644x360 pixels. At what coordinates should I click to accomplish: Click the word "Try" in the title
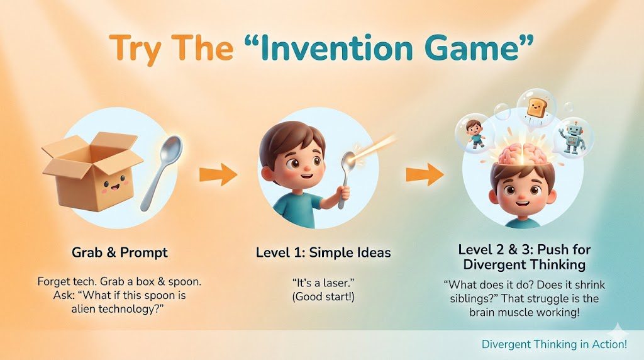[x=136, y=48]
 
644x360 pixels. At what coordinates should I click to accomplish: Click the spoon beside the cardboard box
[x=161, y=172]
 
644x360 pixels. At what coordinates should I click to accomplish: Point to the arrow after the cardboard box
[x=218, y=174]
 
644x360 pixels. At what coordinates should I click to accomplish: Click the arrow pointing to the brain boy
[x=425, y=174]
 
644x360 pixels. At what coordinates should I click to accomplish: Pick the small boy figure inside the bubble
[x=475, y=133]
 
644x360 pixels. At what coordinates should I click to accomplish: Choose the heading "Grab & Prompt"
[x=120, y=252]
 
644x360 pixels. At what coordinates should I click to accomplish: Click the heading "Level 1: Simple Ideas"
[x=323, y=252]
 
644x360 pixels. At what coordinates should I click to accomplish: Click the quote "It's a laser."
[x=323, y=283]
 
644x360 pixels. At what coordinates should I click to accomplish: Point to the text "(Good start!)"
[x=323, y=296]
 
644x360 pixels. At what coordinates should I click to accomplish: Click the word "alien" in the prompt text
[x=84, y=308]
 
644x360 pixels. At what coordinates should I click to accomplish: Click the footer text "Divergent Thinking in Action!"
[x=554, y=344]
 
